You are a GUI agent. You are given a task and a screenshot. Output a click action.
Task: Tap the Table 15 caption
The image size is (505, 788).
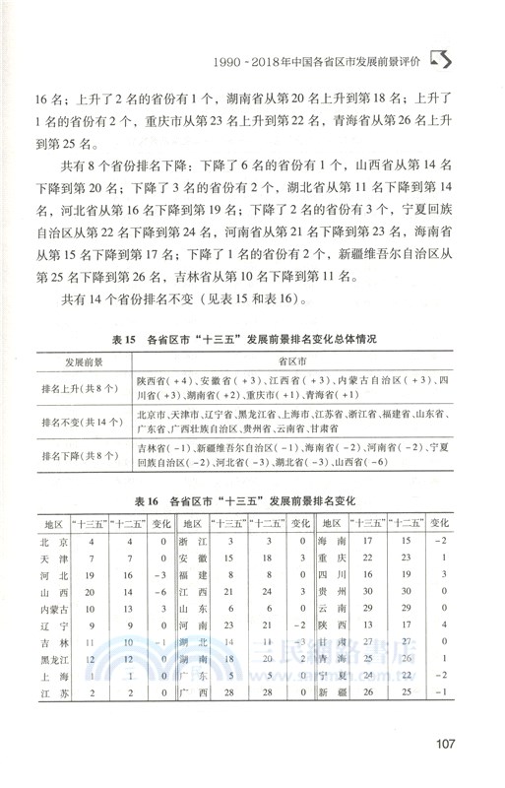point(251,339)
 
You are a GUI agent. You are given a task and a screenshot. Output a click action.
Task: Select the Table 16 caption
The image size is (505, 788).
point(251,497)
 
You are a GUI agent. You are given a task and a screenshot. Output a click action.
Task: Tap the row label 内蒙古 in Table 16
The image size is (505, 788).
point(52,610)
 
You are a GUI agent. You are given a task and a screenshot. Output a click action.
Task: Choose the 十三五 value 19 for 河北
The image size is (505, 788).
point(91,575)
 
